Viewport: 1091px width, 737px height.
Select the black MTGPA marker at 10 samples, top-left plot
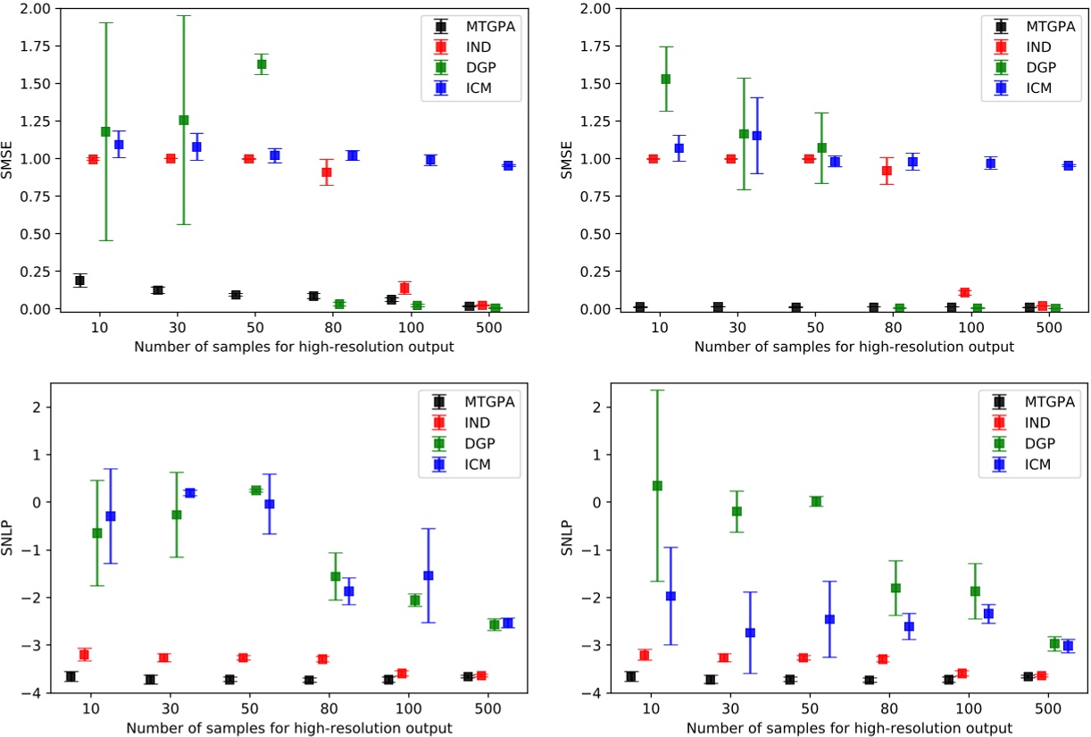tap(79, 281)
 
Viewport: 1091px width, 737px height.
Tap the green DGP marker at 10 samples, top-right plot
tap(665, 79)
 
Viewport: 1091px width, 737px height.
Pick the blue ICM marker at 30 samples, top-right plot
tap(756, 136)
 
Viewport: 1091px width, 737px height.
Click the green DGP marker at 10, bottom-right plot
tap(657, 486)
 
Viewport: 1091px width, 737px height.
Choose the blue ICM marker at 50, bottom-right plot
tap(829, 619)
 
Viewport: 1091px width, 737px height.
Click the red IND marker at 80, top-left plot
tap(327, 172)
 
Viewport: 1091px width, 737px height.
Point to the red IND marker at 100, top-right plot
tap(964, 292)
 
